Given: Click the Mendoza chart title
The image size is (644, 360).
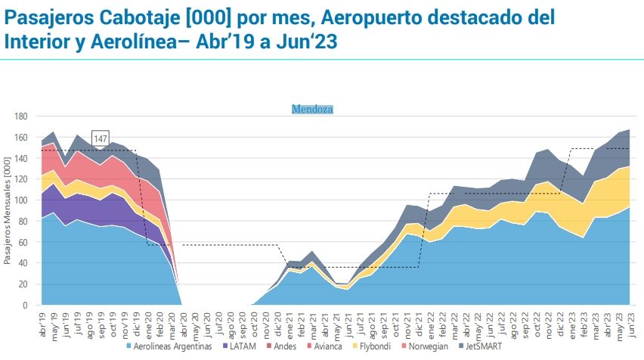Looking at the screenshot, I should pos(312,109).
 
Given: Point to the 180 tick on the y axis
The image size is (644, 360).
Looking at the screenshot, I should pos(22,116).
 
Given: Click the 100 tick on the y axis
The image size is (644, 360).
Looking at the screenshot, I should pos(22,200).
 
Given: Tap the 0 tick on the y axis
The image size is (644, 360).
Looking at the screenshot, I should pos(26,305).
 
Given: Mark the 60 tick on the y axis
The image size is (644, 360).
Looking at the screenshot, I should pos(24,242).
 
